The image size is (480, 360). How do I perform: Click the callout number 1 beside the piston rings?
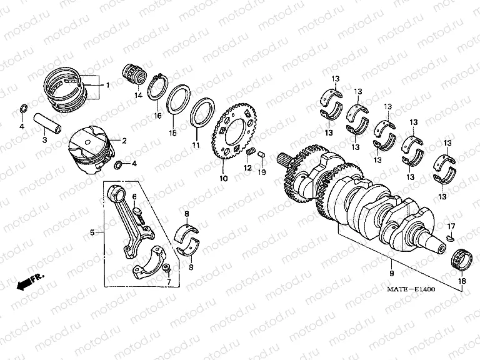pos(107,84)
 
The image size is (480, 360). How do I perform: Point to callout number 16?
pos(157,116)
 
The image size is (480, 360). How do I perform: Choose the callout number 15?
pos(173,133)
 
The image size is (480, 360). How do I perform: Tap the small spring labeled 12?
pos(249,152)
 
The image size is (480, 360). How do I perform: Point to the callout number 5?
pos(92,232)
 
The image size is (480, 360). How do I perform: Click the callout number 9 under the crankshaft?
pos(391,273)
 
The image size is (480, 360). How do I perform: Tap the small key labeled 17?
pos(451,237)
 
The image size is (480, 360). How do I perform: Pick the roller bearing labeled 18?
pos(461,257)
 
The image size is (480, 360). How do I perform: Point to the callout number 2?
pos(124,141)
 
